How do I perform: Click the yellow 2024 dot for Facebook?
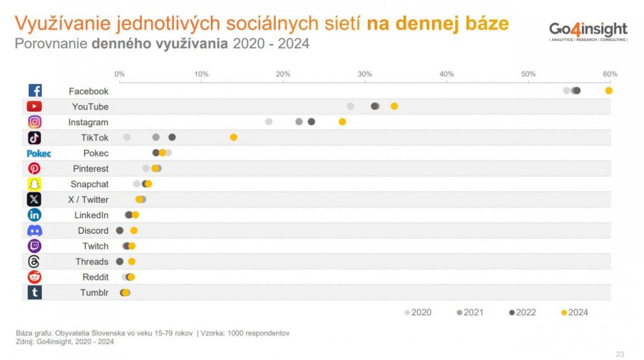(608, 91)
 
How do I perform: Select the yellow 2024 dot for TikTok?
(233, 137)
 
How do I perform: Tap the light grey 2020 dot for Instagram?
(268, 122)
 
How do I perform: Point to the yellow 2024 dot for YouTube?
(394, 106)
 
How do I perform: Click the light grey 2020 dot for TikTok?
(127, 137)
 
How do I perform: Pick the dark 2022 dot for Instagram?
(311, 122)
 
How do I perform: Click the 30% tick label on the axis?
(364, 74)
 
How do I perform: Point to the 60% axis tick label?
(610, 74)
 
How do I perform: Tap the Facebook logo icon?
(35, 91)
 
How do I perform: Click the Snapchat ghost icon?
(35, 184)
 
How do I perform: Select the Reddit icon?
(35, 277)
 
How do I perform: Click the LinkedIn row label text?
(91, 215)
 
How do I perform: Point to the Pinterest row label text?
(91, 169)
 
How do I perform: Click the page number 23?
(620, 354)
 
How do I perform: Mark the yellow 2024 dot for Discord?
(134, 231)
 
